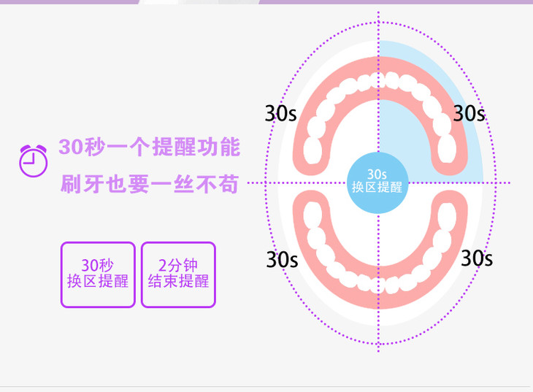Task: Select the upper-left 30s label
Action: (280, 114)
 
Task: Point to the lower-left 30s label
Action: (282, 258)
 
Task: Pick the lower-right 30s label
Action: (476, 258)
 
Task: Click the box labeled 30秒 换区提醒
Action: (98, 274)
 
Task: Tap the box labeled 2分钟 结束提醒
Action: (178, 274)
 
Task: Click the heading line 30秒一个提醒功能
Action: (149, 147)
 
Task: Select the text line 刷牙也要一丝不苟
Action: (149, 184)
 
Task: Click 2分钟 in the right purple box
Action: (178, 266)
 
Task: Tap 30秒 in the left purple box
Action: (98, 266)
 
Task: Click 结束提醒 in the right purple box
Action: (178, 282)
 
